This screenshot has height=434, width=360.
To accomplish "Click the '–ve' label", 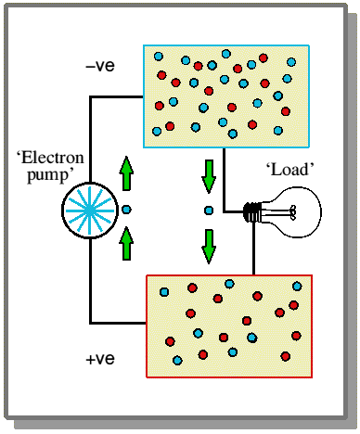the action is point(100,66).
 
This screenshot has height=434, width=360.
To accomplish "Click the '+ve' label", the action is point(100,359).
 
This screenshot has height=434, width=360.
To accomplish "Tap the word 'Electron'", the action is point(50,158).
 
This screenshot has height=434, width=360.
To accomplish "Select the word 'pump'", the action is point(48,175).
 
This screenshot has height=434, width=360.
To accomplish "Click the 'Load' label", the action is point(290,170).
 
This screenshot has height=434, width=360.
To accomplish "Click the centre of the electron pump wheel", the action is point(90,211).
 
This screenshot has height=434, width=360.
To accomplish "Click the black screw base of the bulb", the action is point(252,212).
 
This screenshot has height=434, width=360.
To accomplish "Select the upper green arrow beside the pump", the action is point(126,173).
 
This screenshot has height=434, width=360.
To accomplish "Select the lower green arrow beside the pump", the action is point(126,244).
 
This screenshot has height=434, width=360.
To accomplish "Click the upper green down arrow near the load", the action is point(209,176).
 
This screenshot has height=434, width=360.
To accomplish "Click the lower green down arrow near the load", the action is point(209,247).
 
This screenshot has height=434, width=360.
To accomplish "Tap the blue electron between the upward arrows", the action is point(126,210).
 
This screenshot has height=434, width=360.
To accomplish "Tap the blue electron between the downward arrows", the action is point(209,211).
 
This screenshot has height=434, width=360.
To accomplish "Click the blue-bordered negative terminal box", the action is point(226,96).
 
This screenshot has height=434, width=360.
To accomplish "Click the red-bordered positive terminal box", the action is point(229,326).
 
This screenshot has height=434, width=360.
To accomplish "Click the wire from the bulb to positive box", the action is point(253,249).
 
